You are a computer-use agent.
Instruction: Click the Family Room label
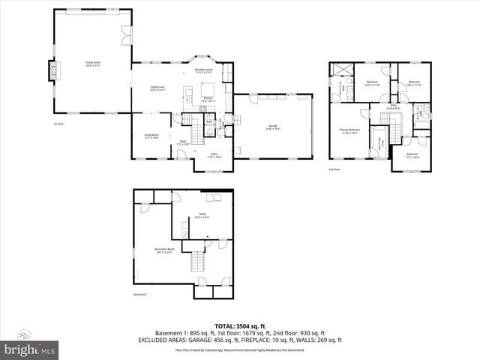click(93, 64)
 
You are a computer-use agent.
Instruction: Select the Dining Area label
click(157, 88)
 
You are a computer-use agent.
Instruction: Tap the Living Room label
click(151, 136)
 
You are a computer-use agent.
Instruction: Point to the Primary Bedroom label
click(349, 130)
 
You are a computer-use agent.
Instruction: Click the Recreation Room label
click(166, 250)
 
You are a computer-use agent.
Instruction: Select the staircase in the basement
click(198, 262)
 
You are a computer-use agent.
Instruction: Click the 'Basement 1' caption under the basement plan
click(140, 295)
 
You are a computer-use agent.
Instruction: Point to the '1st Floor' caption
click(58, 124)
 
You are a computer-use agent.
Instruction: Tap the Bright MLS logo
click(30, 349)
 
